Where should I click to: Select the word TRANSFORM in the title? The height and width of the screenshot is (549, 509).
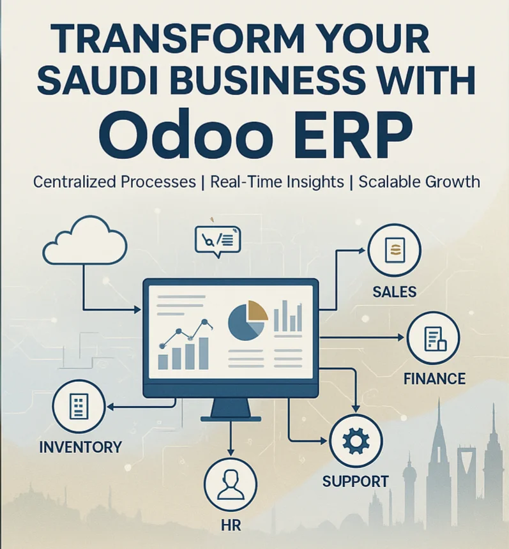pos(178,38)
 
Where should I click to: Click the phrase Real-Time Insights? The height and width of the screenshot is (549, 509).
pos(277,182)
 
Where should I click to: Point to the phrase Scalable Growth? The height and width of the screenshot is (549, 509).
pos(419,182)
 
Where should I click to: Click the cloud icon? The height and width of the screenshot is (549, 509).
pos(85,241)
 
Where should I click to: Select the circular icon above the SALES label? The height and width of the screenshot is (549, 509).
pos(395,251)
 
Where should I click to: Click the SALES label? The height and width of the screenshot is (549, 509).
pos(395,292)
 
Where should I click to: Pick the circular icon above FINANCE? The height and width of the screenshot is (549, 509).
pos(434,338)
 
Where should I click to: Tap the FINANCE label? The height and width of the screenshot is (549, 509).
pos(434,379)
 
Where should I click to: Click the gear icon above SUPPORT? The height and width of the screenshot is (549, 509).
pos(356,441)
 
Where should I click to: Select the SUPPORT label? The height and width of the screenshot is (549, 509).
pos(356,482)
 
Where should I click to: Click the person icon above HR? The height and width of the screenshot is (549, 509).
pos(231,485)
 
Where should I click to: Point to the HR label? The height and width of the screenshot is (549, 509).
pos(231,525)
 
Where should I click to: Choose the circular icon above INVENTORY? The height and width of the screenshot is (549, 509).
pos(79,407)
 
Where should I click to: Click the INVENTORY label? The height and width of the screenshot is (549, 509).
pos(80,447)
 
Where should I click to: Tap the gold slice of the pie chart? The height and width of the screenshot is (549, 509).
pos(256,310)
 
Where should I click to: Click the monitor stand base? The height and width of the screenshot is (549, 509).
pos(231,418)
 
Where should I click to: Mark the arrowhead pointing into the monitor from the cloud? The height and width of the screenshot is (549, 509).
pos(138,310)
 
